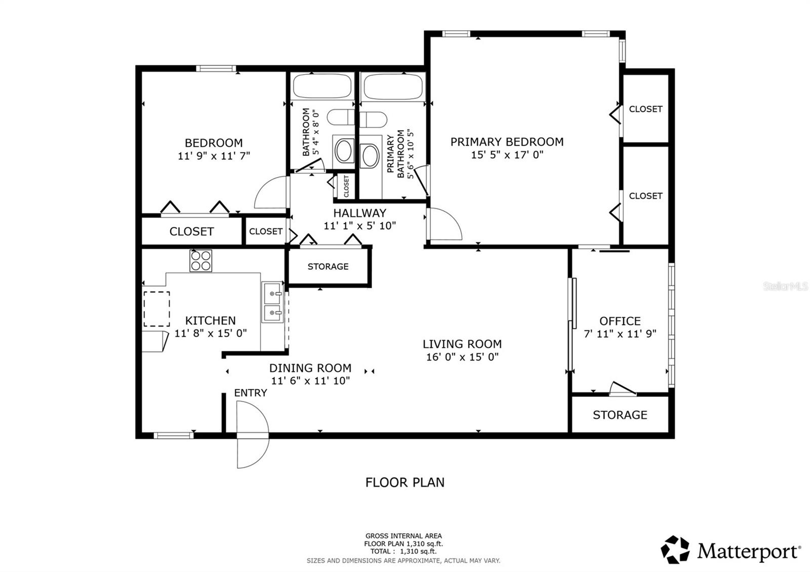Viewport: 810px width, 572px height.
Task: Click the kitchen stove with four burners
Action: (x=201, y=261)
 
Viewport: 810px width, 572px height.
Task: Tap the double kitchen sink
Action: (x=273, y=303)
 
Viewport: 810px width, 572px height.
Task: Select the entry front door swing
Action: (x=251, y=434)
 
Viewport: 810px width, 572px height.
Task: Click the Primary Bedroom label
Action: (x=507, y=142)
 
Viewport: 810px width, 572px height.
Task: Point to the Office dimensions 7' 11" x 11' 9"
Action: (x=620, y=334)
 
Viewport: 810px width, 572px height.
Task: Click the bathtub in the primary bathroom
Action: (x=393, y=87)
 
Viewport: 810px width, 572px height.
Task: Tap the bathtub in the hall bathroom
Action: (x=322, y=87)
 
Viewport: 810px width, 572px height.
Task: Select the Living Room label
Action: (x=462, y=344)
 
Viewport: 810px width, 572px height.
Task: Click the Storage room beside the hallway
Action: (x=328, y=267)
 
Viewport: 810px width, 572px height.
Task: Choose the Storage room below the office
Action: (x=620, y=415)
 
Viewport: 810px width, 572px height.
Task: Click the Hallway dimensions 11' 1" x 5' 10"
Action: (x=359, y=226)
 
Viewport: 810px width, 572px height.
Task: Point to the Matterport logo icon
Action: (x=675, y=550)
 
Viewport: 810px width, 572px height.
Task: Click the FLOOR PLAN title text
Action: (x=404, y=482)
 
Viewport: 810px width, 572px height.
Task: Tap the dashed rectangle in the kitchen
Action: (x=156, y=309)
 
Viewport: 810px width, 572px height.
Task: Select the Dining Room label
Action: (x=310, y=369)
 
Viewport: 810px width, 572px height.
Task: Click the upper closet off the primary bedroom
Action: (x=645, y=109)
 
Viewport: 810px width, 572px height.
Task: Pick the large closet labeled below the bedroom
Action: (x=191, y=231)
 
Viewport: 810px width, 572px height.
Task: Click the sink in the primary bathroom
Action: (x=370, y=156)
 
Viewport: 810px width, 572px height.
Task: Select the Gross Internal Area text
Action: (x=403, y=536)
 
